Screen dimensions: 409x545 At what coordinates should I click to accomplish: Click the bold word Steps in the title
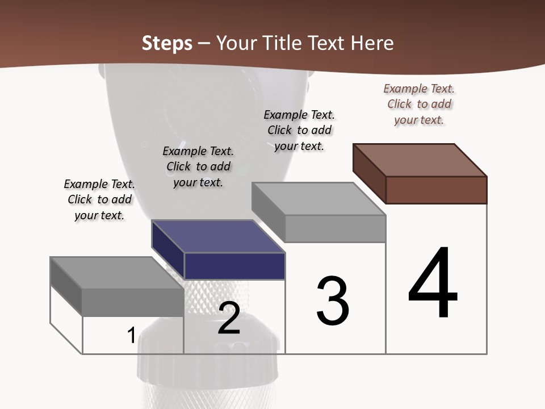[167, 43]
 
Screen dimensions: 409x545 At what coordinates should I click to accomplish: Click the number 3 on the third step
[333, 301]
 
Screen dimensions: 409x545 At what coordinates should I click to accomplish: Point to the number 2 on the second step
[229, 318]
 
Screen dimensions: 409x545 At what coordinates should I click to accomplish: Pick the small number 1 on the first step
[131, 335]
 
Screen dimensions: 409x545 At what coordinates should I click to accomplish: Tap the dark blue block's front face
[234, 266]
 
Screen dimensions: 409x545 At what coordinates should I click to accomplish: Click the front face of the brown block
[436, 190]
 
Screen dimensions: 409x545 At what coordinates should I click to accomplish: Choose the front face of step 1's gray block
[133, 302]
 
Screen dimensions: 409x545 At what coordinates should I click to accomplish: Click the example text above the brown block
[419, 105]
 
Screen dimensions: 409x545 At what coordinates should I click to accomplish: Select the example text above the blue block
[198, 167]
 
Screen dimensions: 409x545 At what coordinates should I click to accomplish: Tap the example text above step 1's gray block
[99, 200]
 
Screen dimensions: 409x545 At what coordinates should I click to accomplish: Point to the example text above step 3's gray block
[299, 131]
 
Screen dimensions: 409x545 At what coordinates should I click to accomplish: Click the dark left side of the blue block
[167, 250]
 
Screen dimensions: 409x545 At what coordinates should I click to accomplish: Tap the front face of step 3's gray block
[335, 228]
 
